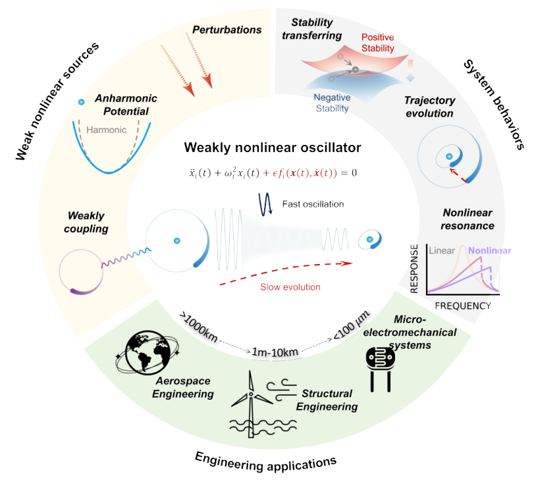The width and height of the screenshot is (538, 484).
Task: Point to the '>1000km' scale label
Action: pyautogui.click(x=198, y=325)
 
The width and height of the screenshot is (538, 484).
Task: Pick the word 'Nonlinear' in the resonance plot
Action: pyautogui.click(x=489, y=251)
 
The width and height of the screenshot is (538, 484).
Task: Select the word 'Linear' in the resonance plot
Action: pyautogui.click(x=441, y=251)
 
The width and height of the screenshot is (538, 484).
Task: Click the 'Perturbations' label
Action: pyautogui.click(x=227, y=30)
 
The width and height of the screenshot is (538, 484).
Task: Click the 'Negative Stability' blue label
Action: pyautogui.click(x=331, y=102)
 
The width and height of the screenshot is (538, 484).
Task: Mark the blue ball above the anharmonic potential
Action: pyautogui.click(x=81, y=102)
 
